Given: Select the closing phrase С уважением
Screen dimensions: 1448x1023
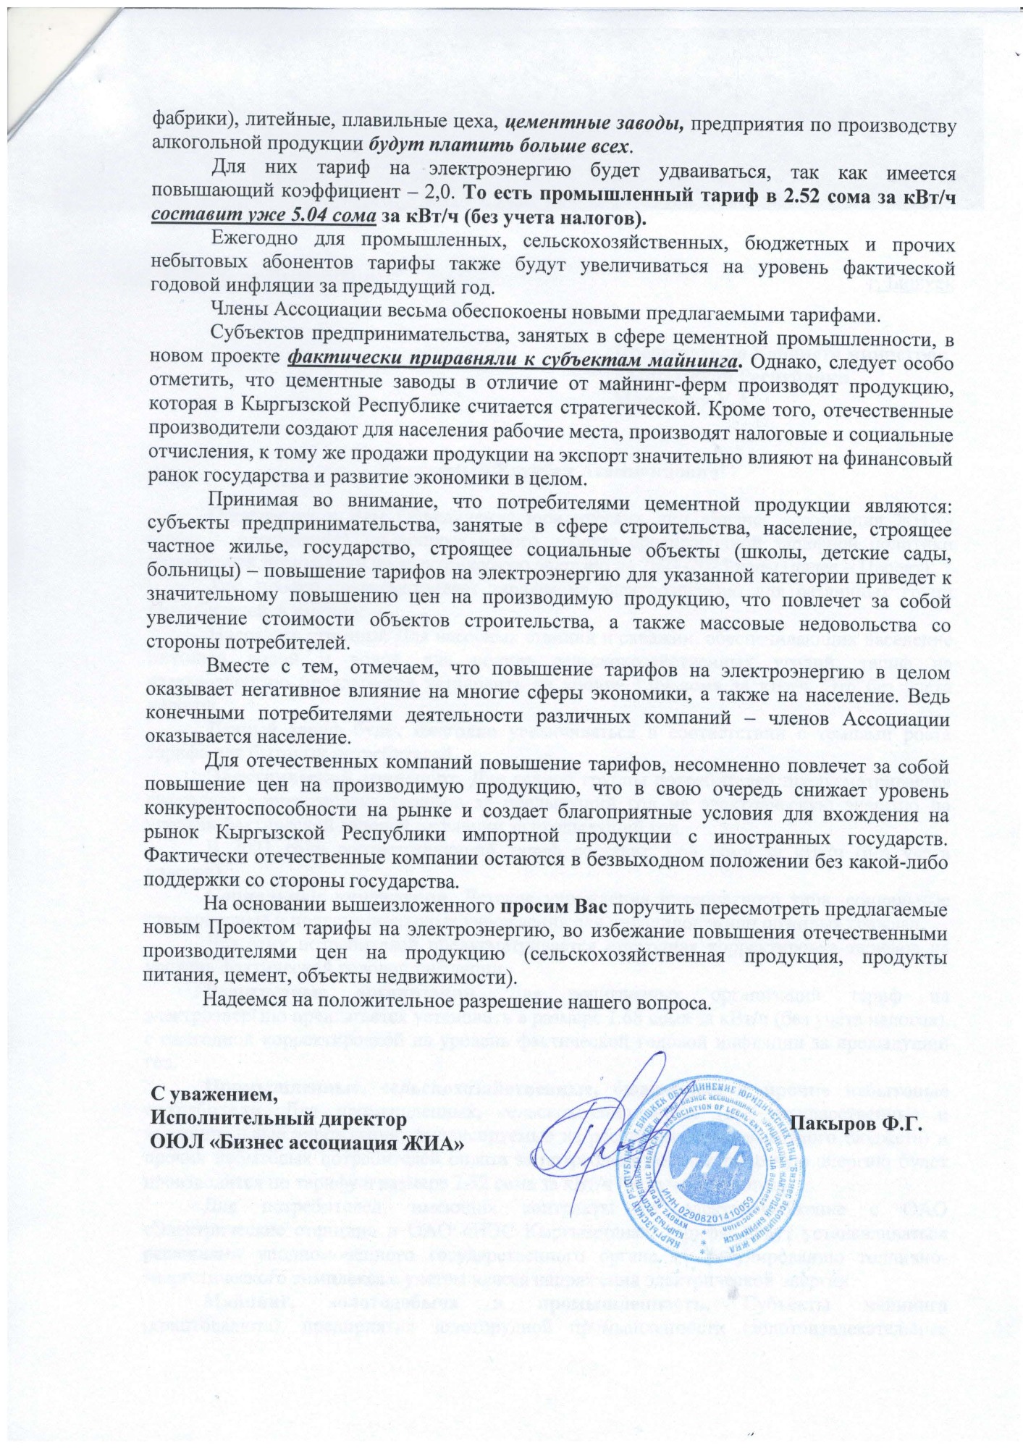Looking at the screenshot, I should [x=214, y=1096].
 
